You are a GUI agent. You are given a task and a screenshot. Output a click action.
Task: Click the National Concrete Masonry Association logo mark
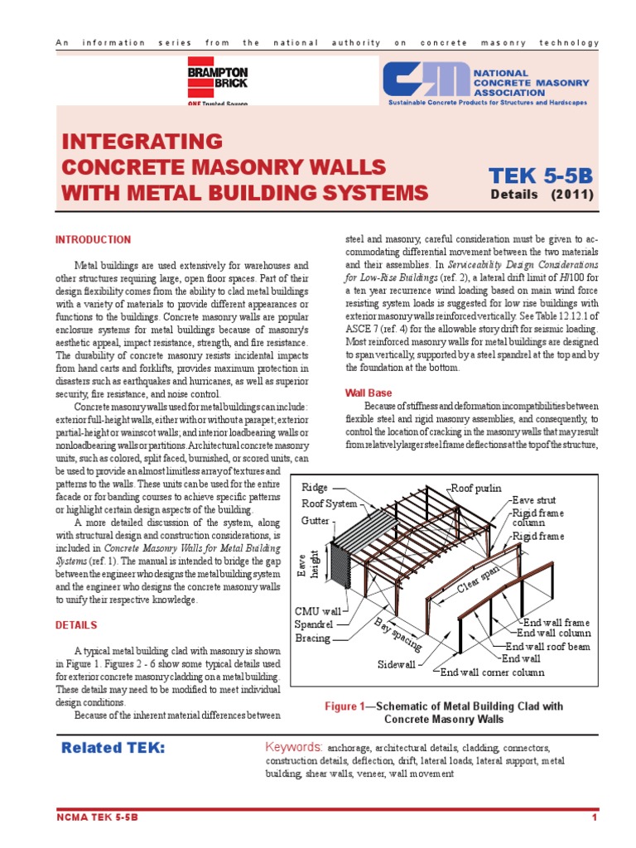(x=427, y=81)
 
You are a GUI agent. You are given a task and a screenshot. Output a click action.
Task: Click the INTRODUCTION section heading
(x=93, y=240)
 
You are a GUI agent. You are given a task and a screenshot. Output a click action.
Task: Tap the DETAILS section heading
(x=76, y=625)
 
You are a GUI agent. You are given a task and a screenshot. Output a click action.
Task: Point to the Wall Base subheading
(x=368, y=393)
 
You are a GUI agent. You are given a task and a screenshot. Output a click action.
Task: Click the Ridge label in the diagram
(x=315, y=488)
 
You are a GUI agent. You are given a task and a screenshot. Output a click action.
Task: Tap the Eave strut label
(x=533, y=500)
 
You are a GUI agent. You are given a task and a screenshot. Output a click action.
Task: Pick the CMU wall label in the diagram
(x=318, y=610)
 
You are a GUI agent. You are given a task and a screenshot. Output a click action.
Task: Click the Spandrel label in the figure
(x=314, y=624)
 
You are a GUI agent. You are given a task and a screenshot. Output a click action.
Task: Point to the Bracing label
(x=312, y=638)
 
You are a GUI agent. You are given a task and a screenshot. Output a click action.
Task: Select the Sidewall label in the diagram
(x=397, y=664)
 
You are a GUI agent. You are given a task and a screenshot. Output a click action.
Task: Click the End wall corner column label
(x=492, y=672)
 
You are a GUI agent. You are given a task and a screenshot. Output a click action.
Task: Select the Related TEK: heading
(x=113, y=749)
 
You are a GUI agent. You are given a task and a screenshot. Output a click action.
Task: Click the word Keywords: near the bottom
(x=294, y=747)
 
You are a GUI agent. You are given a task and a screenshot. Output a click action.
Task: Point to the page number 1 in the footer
(x=595, y=818)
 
